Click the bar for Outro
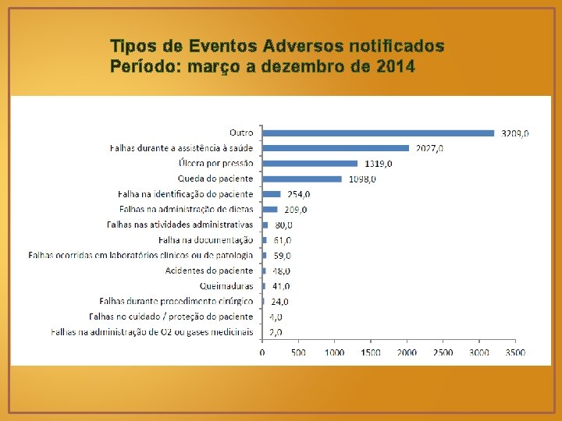pyautogui.click(x=379, y=133)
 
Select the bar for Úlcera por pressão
pyautogui.click(x=310, y=163)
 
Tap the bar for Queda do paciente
pyautogui.click(x=302, y=179)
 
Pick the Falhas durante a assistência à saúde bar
pyautogui.click(x=336, y=148)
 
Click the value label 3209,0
pyautogui.click(x=515, y=133)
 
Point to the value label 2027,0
pyautogui.click(x=429, y=148)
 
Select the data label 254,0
pyautogui.click(x=298, y=194)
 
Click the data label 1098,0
pyautogui.click(x=361, y=179)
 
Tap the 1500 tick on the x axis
pyautogui.click(x=371, y=352)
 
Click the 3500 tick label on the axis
pyautogui.click(x=515, y=352)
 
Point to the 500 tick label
pyautogui.click(x=298, y=352)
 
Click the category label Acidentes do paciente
pyautogui.click(x=209, y=271)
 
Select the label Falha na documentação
pyautogui.click(x=206, y=240)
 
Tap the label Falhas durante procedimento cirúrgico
pyautogui.click(x=176, y=301)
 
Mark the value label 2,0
pyautogui.click(x=276, y=332)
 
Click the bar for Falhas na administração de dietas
pyautogui.click(x=270, y=209)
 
